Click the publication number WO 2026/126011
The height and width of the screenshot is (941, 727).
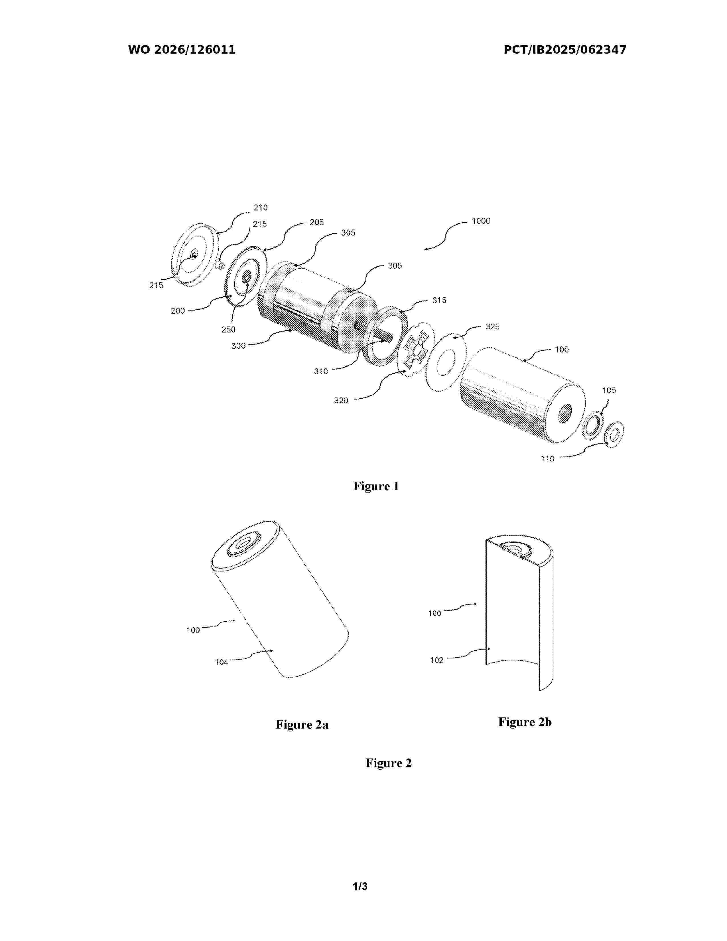pos(182,50)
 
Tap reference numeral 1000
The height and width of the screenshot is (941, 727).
pos(481,221)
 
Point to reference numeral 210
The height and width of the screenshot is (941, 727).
pos(261,208)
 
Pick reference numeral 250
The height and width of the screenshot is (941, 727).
pos(228,330)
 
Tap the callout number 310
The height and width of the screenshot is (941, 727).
pos(321,371)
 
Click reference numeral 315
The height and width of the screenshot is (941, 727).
pos(439,300)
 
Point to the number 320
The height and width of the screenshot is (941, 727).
pos(341,401)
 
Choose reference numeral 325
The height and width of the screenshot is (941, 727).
pos(492,326)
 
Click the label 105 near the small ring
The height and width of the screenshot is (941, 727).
pos(609,390)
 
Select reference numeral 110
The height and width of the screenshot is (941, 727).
pos(547,459)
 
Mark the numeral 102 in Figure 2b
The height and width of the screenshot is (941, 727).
pos(437,660)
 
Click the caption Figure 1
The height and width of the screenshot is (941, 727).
pos(376,486)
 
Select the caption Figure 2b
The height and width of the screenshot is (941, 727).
pos(525,722)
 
